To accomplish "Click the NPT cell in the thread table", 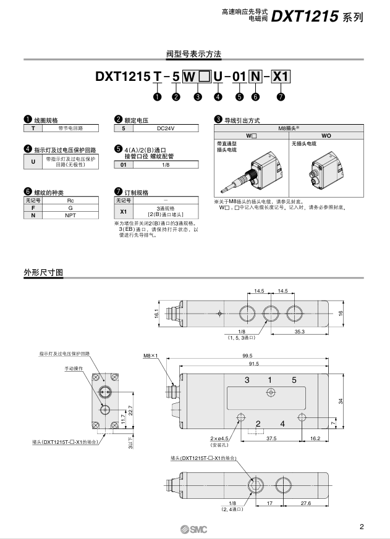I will tap(70, 216).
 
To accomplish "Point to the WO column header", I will tap(326, 135).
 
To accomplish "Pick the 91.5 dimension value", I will tap(253, 364).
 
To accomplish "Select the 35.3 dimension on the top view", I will tap(299, 331).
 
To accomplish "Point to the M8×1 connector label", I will tap(151, 356).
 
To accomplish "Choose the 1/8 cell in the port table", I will tap(165, 165).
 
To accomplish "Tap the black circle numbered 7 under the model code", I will tap(281, 96).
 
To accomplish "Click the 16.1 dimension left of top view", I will tap(157, 314).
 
